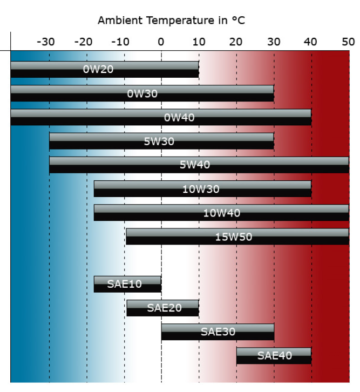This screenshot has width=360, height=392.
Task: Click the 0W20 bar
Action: pos(104,69)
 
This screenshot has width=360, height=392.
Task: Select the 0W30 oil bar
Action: pos(142,93)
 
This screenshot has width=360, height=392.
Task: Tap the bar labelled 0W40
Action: pos(161,117)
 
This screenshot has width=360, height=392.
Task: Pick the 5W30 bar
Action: pos(161,141)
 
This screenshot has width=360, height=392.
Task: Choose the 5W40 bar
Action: pos(199,165)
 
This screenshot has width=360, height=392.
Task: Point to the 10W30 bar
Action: pos(202,189)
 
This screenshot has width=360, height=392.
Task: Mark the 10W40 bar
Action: pos(221,213)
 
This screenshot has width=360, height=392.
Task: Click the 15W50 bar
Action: pos(237,236)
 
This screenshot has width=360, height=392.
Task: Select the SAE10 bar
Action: pos(127,284)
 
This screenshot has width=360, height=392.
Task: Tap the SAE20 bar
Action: pos(162,308)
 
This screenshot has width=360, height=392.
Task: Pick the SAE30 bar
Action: pos(218,332)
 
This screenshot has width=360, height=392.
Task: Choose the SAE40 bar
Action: pos(274,355)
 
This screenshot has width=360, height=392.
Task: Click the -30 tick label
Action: pos(46,42)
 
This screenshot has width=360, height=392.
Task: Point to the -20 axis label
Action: pos(83,42)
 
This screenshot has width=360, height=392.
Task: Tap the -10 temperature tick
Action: pos(121,42)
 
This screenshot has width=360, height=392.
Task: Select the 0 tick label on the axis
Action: pos(161,42)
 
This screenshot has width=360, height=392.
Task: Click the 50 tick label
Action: pos(348,42)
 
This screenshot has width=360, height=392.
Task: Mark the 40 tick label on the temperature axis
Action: pos(311,42)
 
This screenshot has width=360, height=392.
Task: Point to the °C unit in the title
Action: pos(239,21)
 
